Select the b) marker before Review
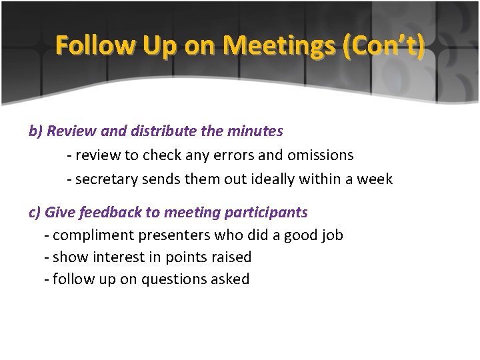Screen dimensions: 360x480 point(35,131)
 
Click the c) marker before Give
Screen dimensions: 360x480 point(35,213)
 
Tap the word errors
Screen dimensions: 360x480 point(234,155)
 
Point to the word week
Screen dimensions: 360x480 point(375,179)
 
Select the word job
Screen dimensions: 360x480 point(331,235)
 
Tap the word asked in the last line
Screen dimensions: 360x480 point(229,279)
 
